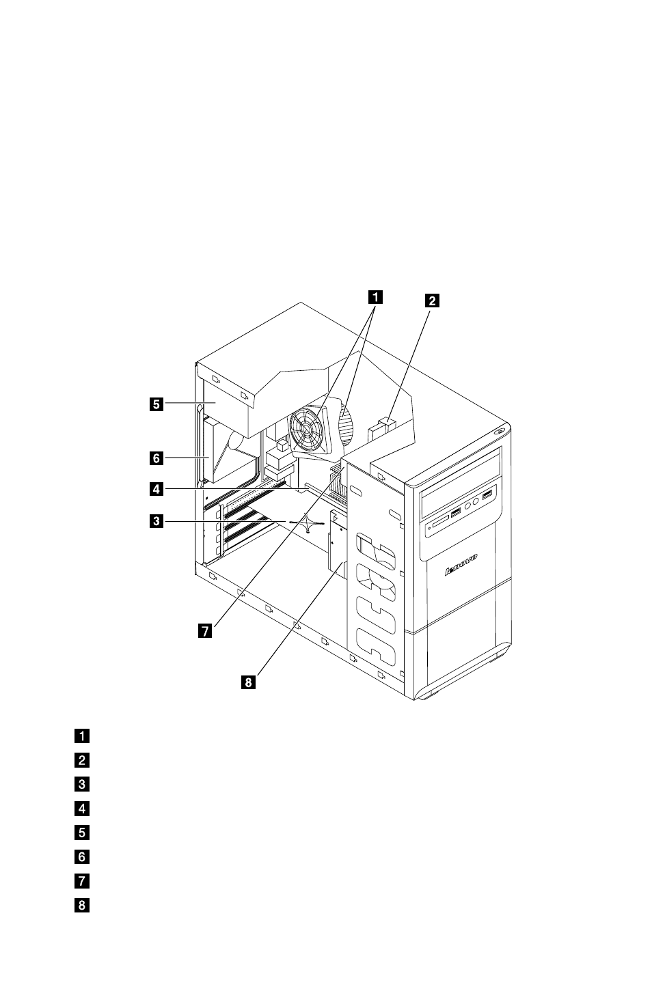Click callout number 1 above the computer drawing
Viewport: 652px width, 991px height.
375,297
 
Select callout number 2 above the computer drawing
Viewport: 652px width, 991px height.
432,301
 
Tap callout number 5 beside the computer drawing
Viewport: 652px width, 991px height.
157,404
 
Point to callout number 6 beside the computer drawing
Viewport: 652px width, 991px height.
157,458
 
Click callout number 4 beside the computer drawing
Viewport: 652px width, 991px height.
157,489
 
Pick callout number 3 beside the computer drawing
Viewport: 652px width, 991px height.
157,521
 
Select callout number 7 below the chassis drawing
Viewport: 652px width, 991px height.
205,631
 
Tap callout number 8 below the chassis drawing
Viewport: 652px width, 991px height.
248,682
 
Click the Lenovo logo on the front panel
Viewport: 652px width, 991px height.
461,564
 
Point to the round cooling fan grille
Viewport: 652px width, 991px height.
306,428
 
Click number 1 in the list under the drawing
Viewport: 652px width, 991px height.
82,736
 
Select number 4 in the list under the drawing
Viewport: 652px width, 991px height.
82,809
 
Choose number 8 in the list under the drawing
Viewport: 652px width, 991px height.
82,905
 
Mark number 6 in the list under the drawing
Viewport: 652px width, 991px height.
82,857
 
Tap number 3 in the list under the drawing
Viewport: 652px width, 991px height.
82,784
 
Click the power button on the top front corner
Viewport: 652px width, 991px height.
500,430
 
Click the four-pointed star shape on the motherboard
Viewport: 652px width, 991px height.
308,522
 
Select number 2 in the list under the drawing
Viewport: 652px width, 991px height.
82,761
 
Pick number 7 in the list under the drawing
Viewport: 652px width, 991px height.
82,881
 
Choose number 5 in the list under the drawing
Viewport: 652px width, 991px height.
82,833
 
